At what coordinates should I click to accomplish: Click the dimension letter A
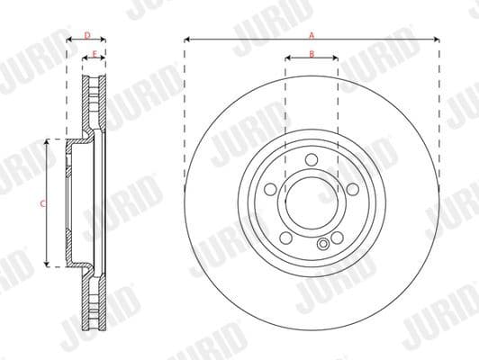pyautogui.click(x=312, y=34)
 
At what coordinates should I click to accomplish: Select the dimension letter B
pyautogui.click(x=312, y=54)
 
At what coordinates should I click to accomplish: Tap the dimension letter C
pyautogui.click(x=42, y=203)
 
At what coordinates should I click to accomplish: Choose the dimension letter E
pyautogui.click(x=95, y=55)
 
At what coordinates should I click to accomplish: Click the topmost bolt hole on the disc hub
pyautogui.click(x=312, y=159)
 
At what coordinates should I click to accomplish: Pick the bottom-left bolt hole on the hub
pyautogui.click(x=286, y=237)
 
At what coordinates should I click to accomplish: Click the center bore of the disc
pyautogui.click(x=312, y=202)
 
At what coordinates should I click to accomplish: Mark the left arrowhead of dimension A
pyautogui.click(x=186, y=40)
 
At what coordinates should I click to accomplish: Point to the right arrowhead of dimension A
pyautogui.click(x=437, y=40)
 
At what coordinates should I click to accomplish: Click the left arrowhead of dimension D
pyautogui.click(x=70, y=40)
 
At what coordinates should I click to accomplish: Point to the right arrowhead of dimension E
pyautogui.click(x=104, y=60)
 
